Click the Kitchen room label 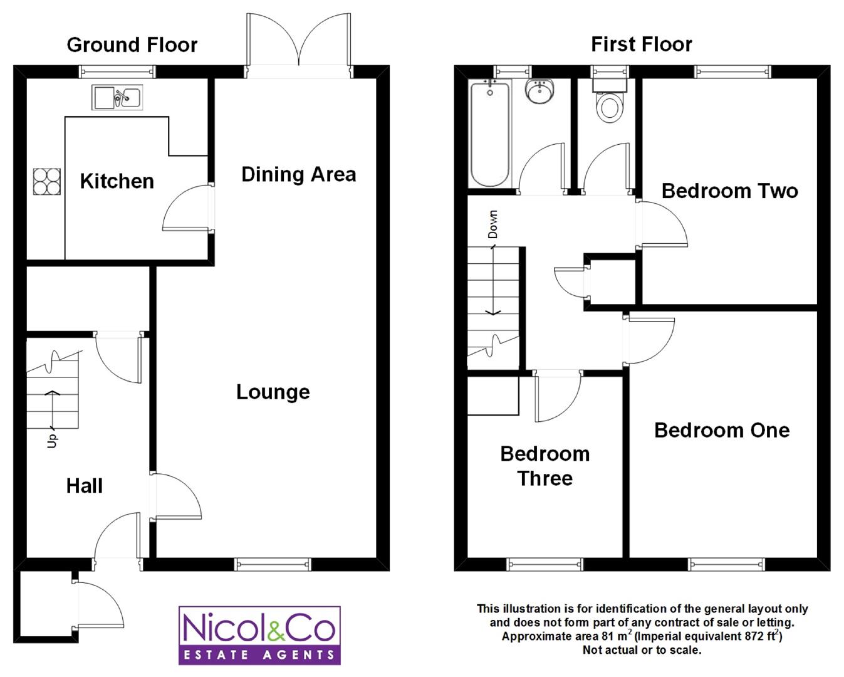point(117,181)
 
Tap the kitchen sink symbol point(117,97)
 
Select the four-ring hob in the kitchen point(47,182)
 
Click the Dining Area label point(298,174)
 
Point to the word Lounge point(273,392)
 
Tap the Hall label point(85,486)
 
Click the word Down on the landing point(492,224)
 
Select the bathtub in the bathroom point(490,133)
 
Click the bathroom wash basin point(539,92)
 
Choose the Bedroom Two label point(730,191)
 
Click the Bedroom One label point(722,430)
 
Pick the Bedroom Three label point(545,466)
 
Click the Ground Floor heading point(132,45)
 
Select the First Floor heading point(642,44)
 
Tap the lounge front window point(273,564)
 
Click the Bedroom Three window point(545,564)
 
